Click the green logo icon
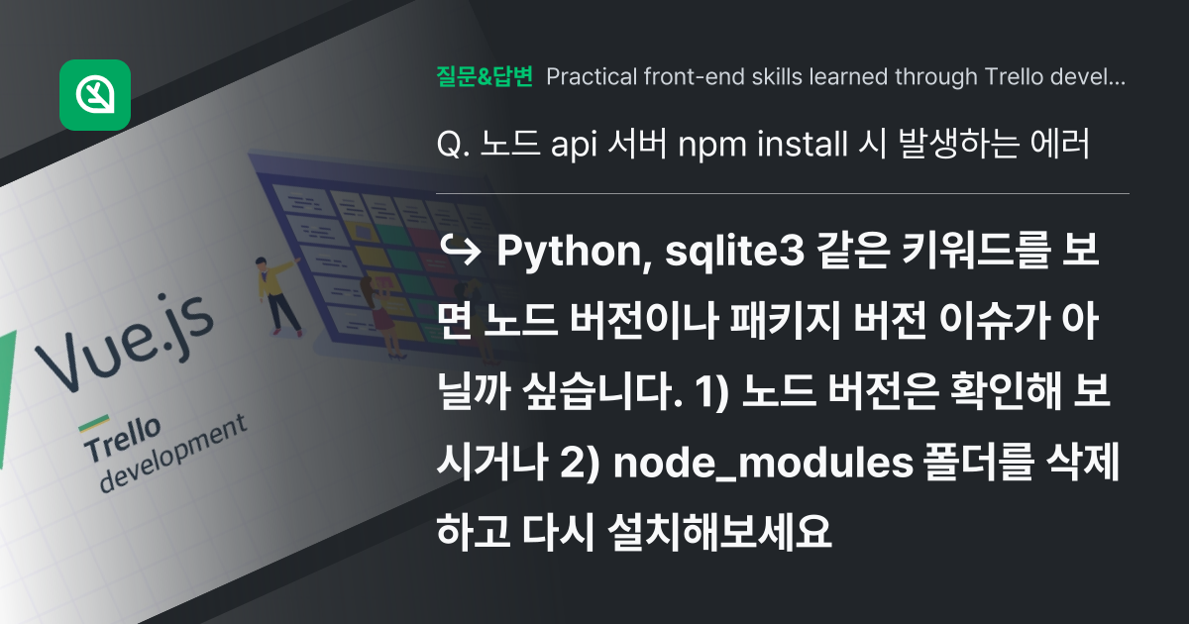pos(95,95)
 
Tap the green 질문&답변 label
pos(485,76)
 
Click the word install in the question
pos(796,145)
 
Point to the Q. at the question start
pos(452,145)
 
